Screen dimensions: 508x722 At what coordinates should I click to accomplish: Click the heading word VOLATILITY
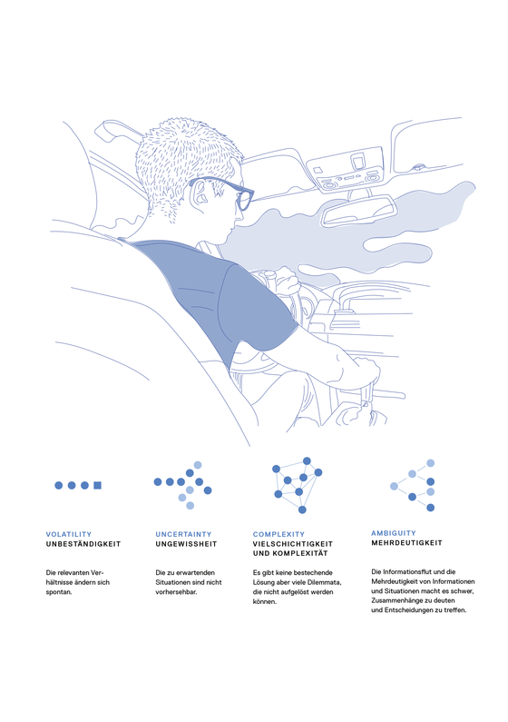click(x=69, y=534)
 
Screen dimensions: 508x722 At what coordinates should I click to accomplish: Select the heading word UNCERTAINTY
click(x=183, y=534)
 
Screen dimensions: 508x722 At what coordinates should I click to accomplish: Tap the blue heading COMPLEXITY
click(x=278, y=534)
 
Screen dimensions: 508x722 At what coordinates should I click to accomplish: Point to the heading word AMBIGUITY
click(x=394, y=533)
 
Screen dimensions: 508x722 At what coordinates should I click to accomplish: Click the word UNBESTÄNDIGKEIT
click(x=83, y=544)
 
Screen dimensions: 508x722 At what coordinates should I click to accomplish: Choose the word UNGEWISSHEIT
click(x=186, y=544)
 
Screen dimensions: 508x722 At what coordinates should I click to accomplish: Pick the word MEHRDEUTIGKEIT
click(x=407, y=543)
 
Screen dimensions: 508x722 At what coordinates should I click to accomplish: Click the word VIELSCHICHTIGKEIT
click(x=293, y=544)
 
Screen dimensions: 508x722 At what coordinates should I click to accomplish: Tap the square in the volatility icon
click(x=97, y=485)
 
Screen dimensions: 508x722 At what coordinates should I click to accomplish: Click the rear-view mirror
click(x=357, y=212)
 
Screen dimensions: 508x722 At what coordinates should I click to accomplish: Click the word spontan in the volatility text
click(x=58, y=592)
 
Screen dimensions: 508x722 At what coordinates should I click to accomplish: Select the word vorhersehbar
click(x=176, y=592)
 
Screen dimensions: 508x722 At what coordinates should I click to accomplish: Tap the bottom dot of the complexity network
click(x=302, y=509)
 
